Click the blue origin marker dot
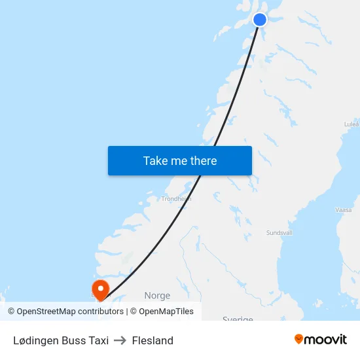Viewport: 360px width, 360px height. (260, 20)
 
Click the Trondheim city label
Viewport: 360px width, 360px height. (176, 198)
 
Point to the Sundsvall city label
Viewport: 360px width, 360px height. (279, 232)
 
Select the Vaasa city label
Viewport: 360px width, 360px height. (343, 210)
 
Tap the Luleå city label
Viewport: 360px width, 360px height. (351, 123)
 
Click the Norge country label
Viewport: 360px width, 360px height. (157, 296)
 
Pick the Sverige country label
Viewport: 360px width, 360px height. (238, 319)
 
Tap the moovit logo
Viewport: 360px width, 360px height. (321, 340)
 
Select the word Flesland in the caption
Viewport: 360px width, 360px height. (153, 340)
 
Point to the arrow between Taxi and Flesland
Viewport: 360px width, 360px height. (120, 340)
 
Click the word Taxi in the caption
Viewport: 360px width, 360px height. (98, 340)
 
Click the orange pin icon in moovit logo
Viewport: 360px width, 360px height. (299, 339)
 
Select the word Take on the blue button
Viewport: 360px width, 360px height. (156, 161)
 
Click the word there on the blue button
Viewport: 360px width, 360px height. (203, 161)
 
